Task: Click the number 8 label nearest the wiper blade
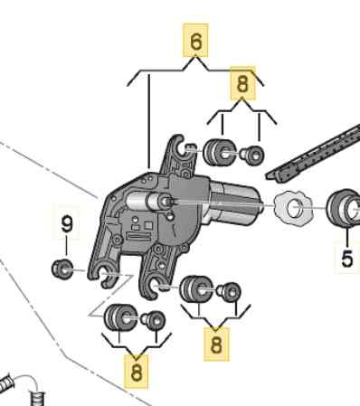pos(242,83)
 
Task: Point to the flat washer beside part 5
pos(292,210)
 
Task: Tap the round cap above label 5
pos(344,209)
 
